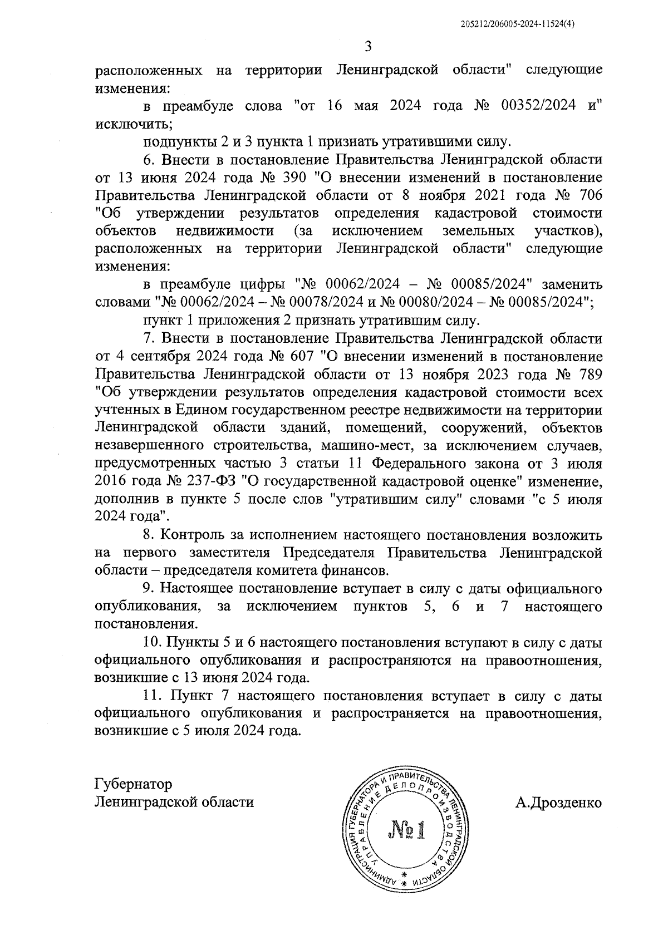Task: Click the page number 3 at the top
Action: pyautogui.click(x=367, y=46)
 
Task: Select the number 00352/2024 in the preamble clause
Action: pyautogui.click(x=538, y=106)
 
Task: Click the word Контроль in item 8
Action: pyautogui.click(x=195, y=535)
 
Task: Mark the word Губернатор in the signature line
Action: pyautogui.click(x=134, y=784)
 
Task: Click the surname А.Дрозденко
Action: pyautogui.click(x=559, y=802)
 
